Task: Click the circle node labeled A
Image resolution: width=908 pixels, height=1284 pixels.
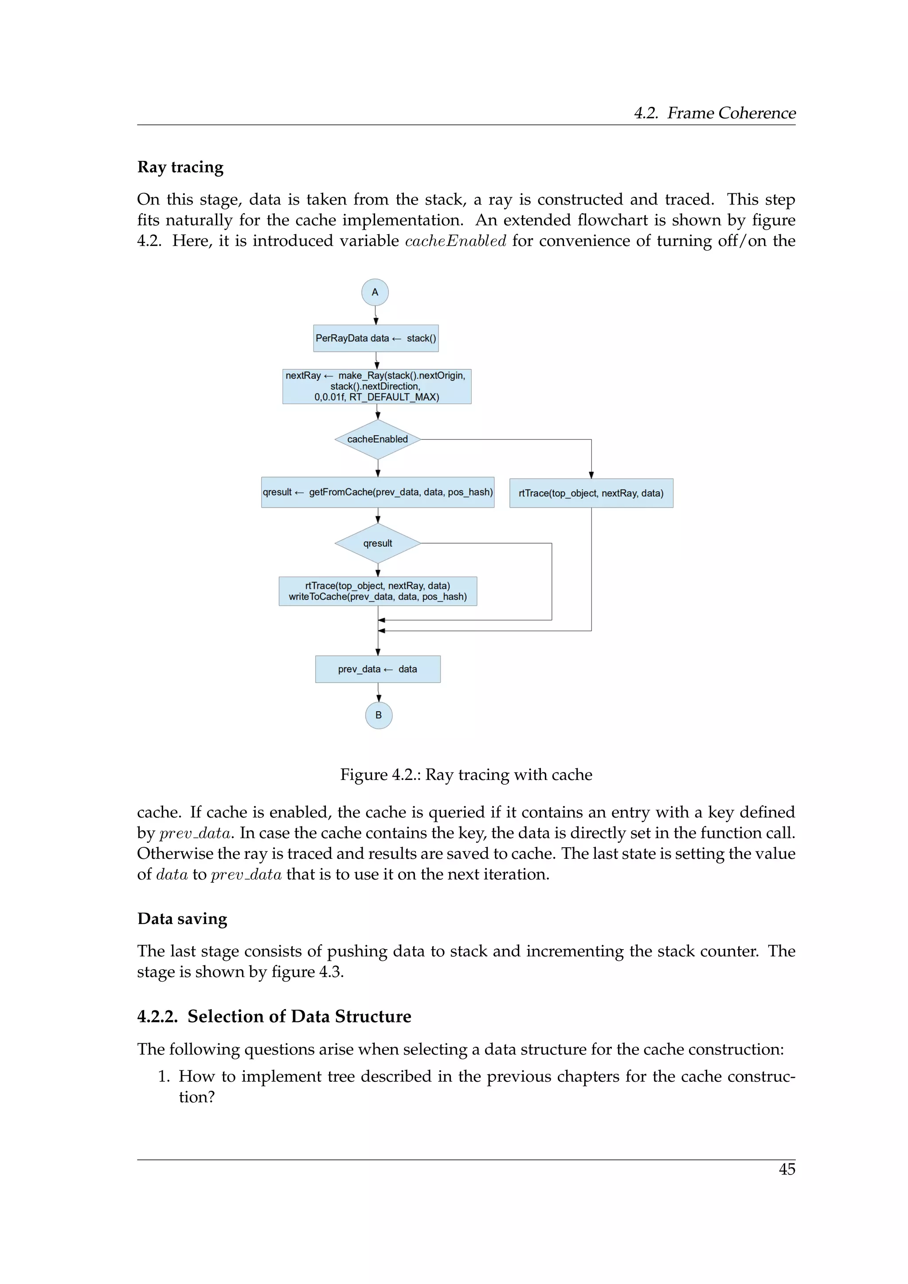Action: click(375, 292)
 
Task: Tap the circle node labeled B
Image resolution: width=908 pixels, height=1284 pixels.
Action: click(379, 715)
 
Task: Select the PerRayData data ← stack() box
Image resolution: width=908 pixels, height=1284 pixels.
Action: click(376, 338)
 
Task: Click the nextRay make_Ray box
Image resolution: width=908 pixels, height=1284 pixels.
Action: click(376, 386)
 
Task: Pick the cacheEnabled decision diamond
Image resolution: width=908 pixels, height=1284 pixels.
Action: click(377, 439)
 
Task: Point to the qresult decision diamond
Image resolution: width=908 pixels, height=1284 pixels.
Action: click(377, 543)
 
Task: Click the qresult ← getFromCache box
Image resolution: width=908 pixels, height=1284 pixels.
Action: click(377, 492)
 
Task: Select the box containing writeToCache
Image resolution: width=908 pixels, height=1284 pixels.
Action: click(377, 591)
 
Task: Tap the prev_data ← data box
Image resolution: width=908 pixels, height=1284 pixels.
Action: click(377, 669)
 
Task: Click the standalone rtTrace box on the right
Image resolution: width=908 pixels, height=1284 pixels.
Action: click(591, 493)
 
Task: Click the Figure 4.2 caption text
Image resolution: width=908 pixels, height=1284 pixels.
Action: click(466, 775)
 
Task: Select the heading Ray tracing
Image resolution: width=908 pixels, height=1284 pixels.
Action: click(180, 167)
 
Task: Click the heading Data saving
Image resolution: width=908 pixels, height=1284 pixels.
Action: click(182, 919)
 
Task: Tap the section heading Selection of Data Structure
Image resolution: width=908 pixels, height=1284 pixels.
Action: click(274, 1016)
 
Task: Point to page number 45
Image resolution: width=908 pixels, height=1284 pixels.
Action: click(787, 1169)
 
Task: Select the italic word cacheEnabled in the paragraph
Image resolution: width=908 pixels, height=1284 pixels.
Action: click(455, 241)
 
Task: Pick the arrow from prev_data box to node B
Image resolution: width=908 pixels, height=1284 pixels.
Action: click(379, 693)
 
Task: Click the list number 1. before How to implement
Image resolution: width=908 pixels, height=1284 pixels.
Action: click(164, 1077)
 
